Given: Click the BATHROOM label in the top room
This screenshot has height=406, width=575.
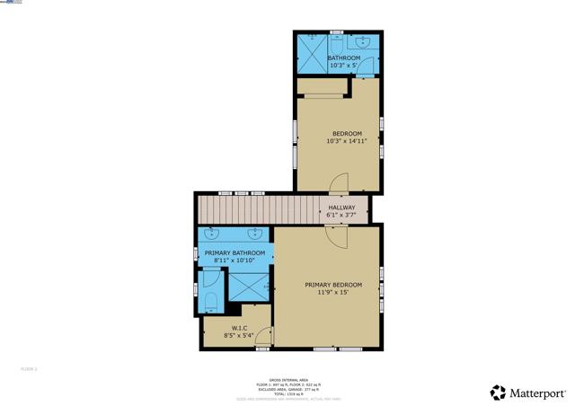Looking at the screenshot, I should tap(343, 58).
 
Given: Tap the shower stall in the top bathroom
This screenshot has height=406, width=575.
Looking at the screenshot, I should tap(314, 56).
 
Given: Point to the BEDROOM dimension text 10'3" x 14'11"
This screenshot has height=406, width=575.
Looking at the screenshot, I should tap(346, 141).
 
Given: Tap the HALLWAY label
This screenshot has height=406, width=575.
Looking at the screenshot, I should tap(341, 207).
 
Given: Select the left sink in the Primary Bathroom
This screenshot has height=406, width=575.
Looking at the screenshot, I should tap(214, 235).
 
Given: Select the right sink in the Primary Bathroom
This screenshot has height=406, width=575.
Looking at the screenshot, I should tap(257, 235).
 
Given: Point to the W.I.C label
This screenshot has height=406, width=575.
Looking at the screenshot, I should tap(239, 328).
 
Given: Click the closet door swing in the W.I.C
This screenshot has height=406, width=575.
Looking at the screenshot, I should tap(262, 335).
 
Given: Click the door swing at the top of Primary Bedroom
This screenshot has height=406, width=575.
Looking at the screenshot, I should tap(335, 237).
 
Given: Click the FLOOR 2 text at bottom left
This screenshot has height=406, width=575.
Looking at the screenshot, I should tap(29, 368).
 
